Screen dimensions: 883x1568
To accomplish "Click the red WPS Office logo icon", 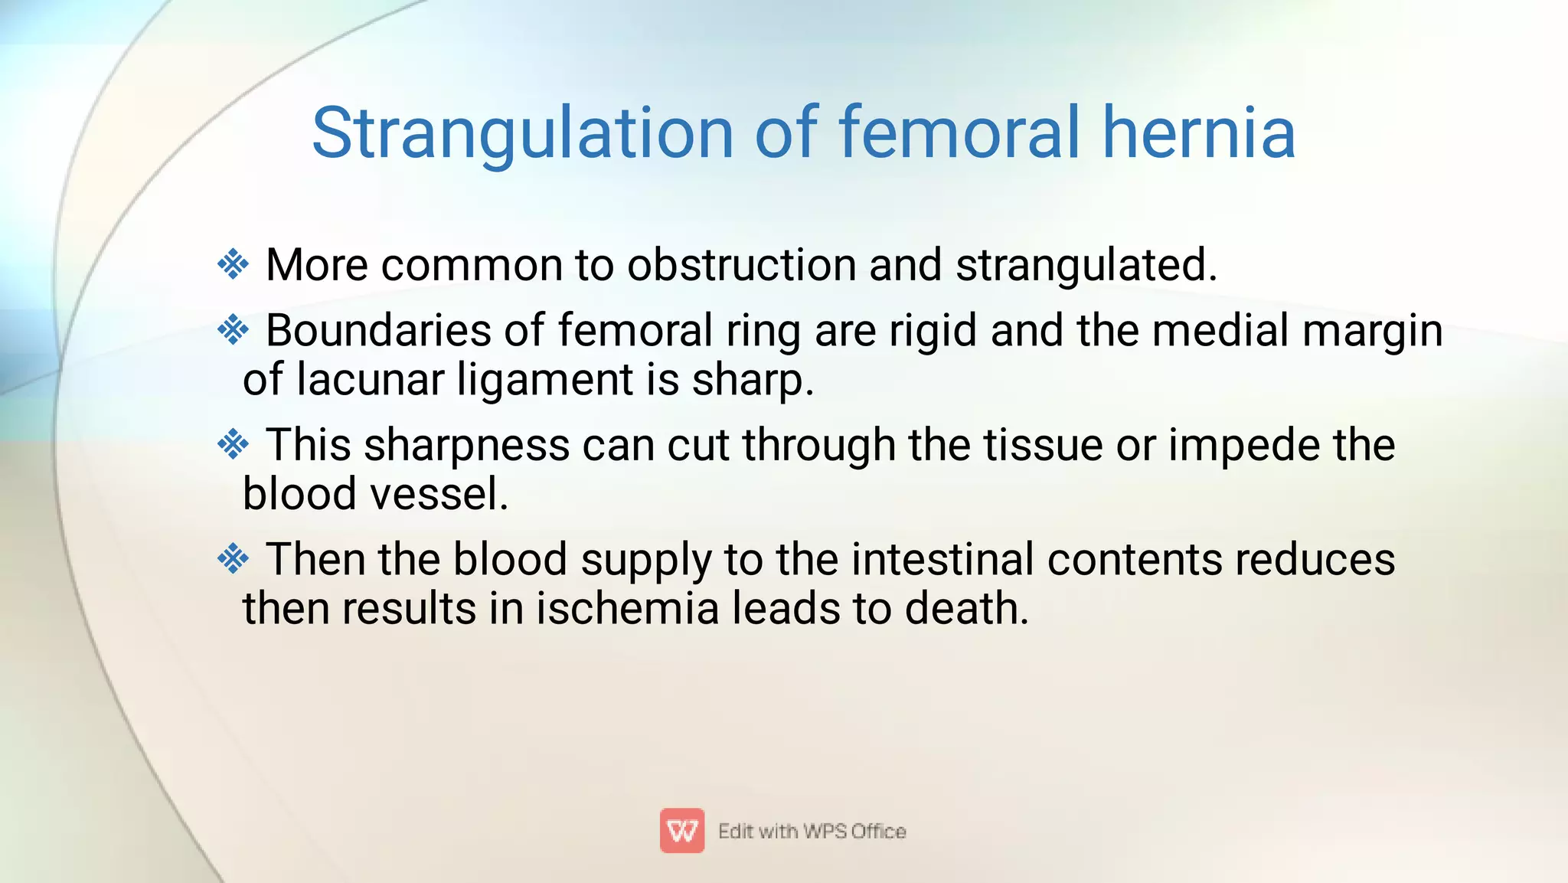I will click(x=681, y=831).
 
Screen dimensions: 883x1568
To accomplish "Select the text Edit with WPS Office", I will click(x=812, y=832).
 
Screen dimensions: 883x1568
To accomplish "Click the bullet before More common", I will click(x=233, y=265).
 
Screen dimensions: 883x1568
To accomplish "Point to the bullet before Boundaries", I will click(x=233, y=331).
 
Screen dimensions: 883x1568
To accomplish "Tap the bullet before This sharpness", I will click(x=233, y=444).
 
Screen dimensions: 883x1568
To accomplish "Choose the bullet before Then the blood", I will click(x=233, y=559).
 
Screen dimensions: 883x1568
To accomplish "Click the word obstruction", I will click(x=741, y=265).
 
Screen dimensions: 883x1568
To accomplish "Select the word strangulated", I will click(x=1085, y=267).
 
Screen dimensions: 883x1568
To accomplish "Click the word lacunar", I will click(x=370, y=380).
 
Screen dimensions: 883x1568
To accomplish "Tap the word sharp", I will click(x=752, y=381).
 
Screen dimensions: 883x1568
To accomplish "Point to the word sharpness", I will click(x=466, y=446).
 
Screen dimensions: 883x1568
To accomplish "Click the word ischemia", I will click(x=627, y=609).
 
